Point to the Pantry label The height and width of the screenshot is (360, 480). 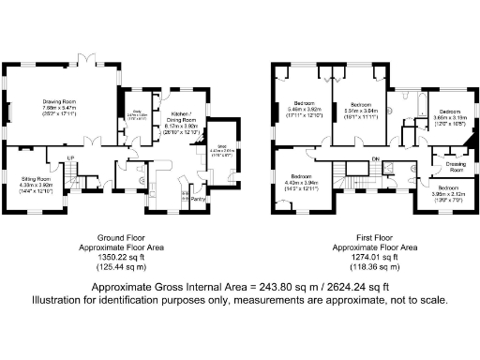coord(198,197)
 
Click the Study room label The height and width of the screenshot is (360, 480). coord(136,115)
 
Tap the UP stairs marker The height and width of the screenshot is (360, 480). coord(69,157)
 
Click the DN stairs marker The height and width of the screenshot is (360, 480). coord(375,159)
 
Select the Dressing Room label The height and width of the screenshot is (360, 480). coord(456,166)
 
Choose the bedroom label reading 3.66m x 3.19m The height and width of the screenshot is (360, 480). coord(450,114)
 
